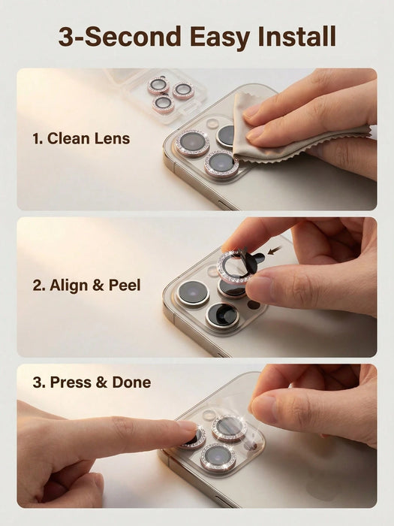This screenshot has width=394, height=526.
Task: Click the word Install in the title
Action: coord(297,36)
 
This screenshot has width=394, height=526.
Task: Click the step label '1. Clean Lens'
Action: coord(81,138)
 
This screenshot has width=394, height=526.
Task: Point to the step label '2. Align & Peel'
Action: coord(86,285)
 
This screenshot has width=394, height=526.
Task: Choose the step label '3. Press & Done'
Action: coord(92,382)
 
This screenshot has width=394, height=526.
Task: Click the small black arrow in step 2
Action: coord(275,250)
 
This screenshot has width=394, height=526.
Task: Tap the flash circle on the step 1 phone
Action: coord(212,123)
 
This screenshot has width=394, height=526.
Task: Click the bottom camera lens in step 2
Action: coord(222,316)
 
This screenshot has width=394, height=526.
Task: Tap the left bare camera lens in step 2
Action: coord(194,292)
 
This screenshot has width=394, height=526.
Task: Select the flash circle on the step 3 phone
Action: coord(209,415)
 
